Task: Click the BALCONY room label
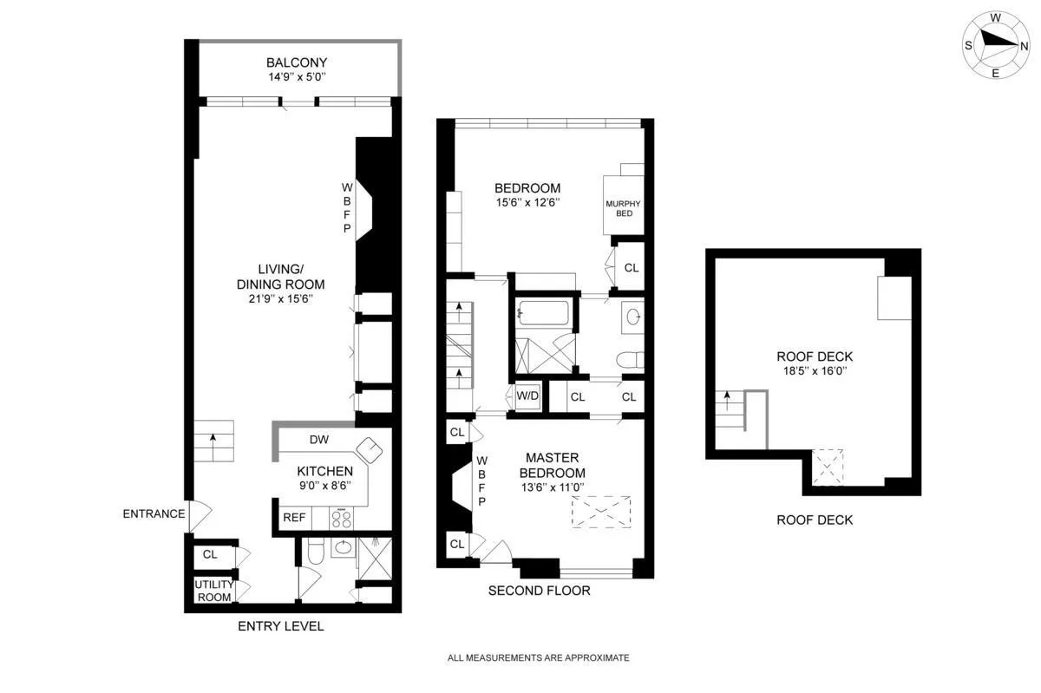(x=297, y=62)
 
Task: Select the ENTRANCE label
(x=154, y=513)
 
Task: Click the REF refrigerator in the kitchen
(x=293, y=518)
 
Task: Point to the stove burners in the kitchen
(x=340, y=519)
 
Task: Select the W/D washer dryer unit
(x=527, y=397)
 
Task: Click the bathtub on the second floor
(x=541, y=313)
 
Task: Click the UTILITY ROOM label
(x=213, y=591)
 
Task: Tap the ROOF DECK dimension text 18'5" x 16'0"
(x=815, y=370)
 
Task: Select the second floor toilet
(x=625, y=358)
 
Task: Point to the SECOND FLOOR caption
(x=539, y=591)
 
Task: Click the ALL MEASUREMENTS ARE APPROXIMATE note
(x=538, y=657)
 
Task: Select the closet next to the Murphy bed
(x=631, y=268)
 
